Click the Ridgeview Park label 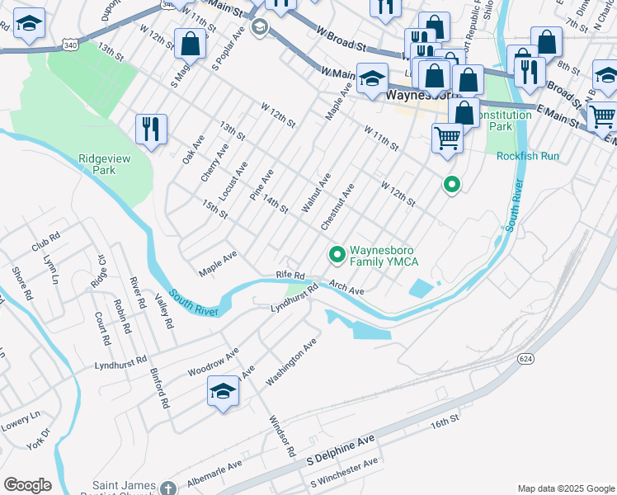(105, 163)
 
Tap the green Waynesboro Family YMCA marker (337, 256)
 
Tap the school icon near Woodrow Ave (223, 392)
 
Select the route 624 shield (525, 359)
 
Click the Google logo (27, 485)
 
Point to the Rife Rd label (290, 274)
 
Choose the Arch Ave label (346, 287)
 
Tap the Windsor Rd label (281, 436)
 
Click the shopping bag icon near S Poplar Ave (190, 45)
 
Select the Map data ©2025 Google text (565, 488)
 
